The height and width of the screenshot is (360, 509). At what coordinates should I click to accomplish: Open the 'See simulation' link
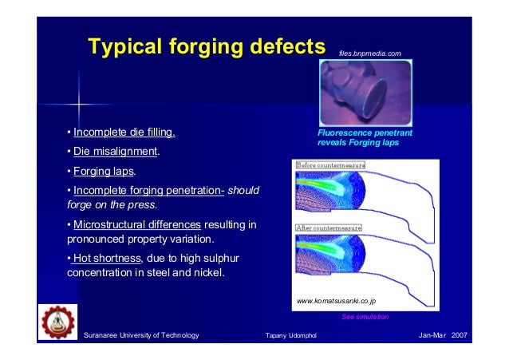coord(365,317)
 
